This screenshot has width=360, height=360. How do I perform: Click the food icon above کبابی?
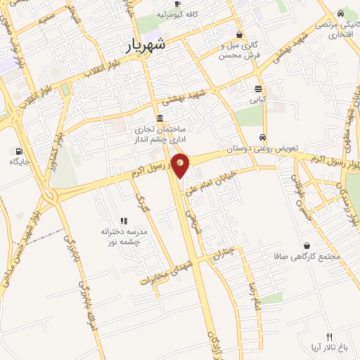pyautogui.click(x=258, y=89)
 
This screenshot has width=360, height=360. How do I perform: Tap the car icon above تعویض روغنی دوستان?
pyautogui.click(x=262, y=137)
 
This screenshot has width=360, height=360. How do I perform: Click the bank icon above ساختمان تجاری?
pyautogui.click(x=161, y=117)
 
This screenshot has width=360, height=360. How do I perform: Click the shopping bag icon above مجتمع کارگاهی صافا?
pyautogui.click(x=307, y=245)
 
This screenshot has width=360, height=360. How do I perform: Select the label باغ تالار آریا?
pyautogui.click(x=328, y=348)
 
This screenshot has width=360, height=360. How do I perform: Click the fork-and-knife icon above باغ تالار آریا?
pyautogui.click(x=329, y=337)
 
